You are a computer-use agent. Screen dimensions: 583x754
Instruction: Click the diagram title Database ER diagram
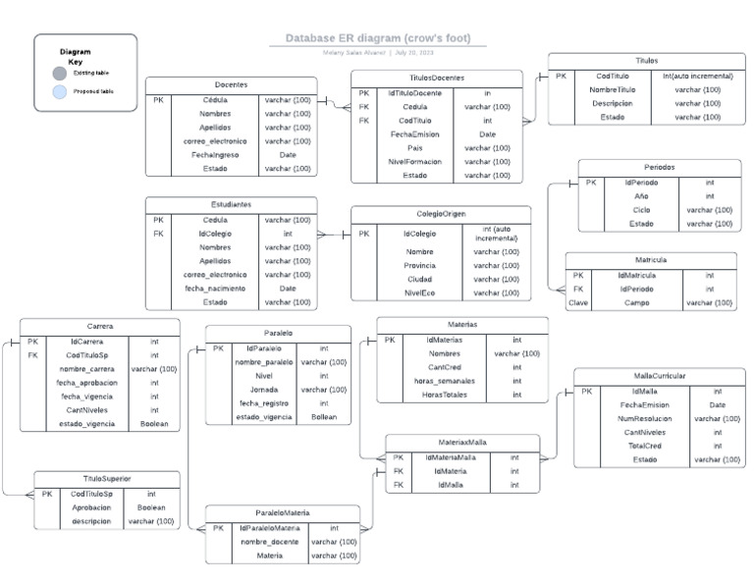point(378,38)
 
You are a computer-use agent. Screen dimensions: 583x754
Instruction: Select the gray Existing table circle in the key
point(60,73)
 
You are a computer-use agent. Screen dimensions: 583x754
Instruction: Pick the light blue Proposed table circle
point(60,91)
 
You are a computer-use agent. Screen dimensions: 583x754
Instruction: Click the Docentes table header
point(231,85)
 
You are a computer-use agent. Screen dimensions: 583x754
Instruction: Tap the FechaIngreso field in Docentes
point(216,154)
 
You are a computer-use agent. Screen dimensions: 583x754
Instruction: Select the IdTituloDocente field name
point(414,93)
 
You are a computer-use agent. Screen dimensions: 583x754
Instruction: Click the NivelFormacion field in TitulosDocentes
point(414,162)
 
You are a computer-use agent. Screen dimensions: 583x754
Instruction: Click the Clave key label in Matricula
point(578,303)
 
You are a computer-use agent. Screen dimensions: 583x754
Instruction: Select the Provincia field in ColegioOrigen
point(419,266)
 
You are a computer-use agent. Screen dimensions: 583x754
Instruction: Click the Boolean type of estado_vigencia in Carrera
point(154,424)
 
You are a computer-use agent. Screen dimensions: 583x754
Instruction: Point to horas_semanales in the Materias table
point(445,381)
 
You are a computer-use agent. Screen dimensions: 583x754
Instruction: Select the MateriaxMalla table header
point(461,443)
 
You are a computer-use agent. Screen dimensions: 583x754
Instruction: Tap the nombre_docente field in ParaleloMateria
point(270,542)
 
